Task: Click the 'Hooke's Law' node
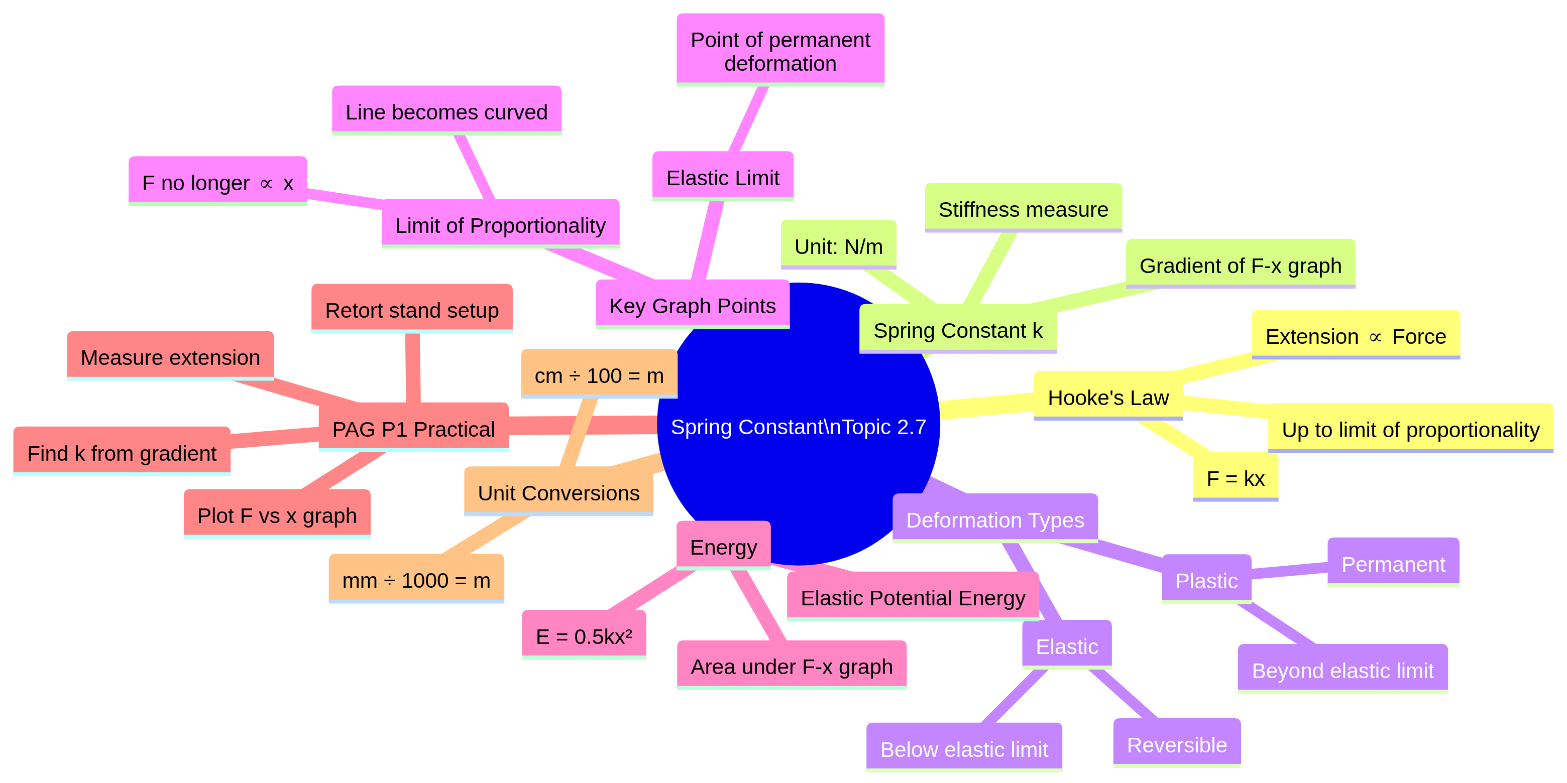coord(1108,398)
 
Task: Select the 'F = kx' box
coord(1235,478)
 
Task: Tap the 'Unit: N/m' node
coord(838,246)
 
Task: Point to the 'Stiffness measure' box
coord(1023,209)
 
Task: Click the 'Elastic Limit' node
coord(723,178)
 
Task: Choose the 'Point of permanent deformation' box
coord(780,51)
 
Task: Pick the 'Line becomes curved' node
coord(446,112)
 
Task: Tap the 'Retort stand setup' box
coord(412,310)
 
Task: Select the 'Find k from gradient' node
coord(122,453)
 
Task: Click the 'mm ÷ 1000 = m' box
coord(416,580)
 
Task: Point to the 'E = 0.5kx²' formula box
coord(584,636)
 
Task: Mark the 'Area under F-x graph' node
coord(792,666)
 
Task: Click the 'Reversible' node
coord(1176,744)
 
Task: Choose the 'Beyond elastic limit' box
coord(1342,670)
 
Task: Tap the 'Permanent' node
coord(1393,564)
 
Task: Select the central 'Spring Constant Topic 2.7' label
coord(798,427)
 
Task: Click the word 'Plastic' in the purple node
coord(1206,581)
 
